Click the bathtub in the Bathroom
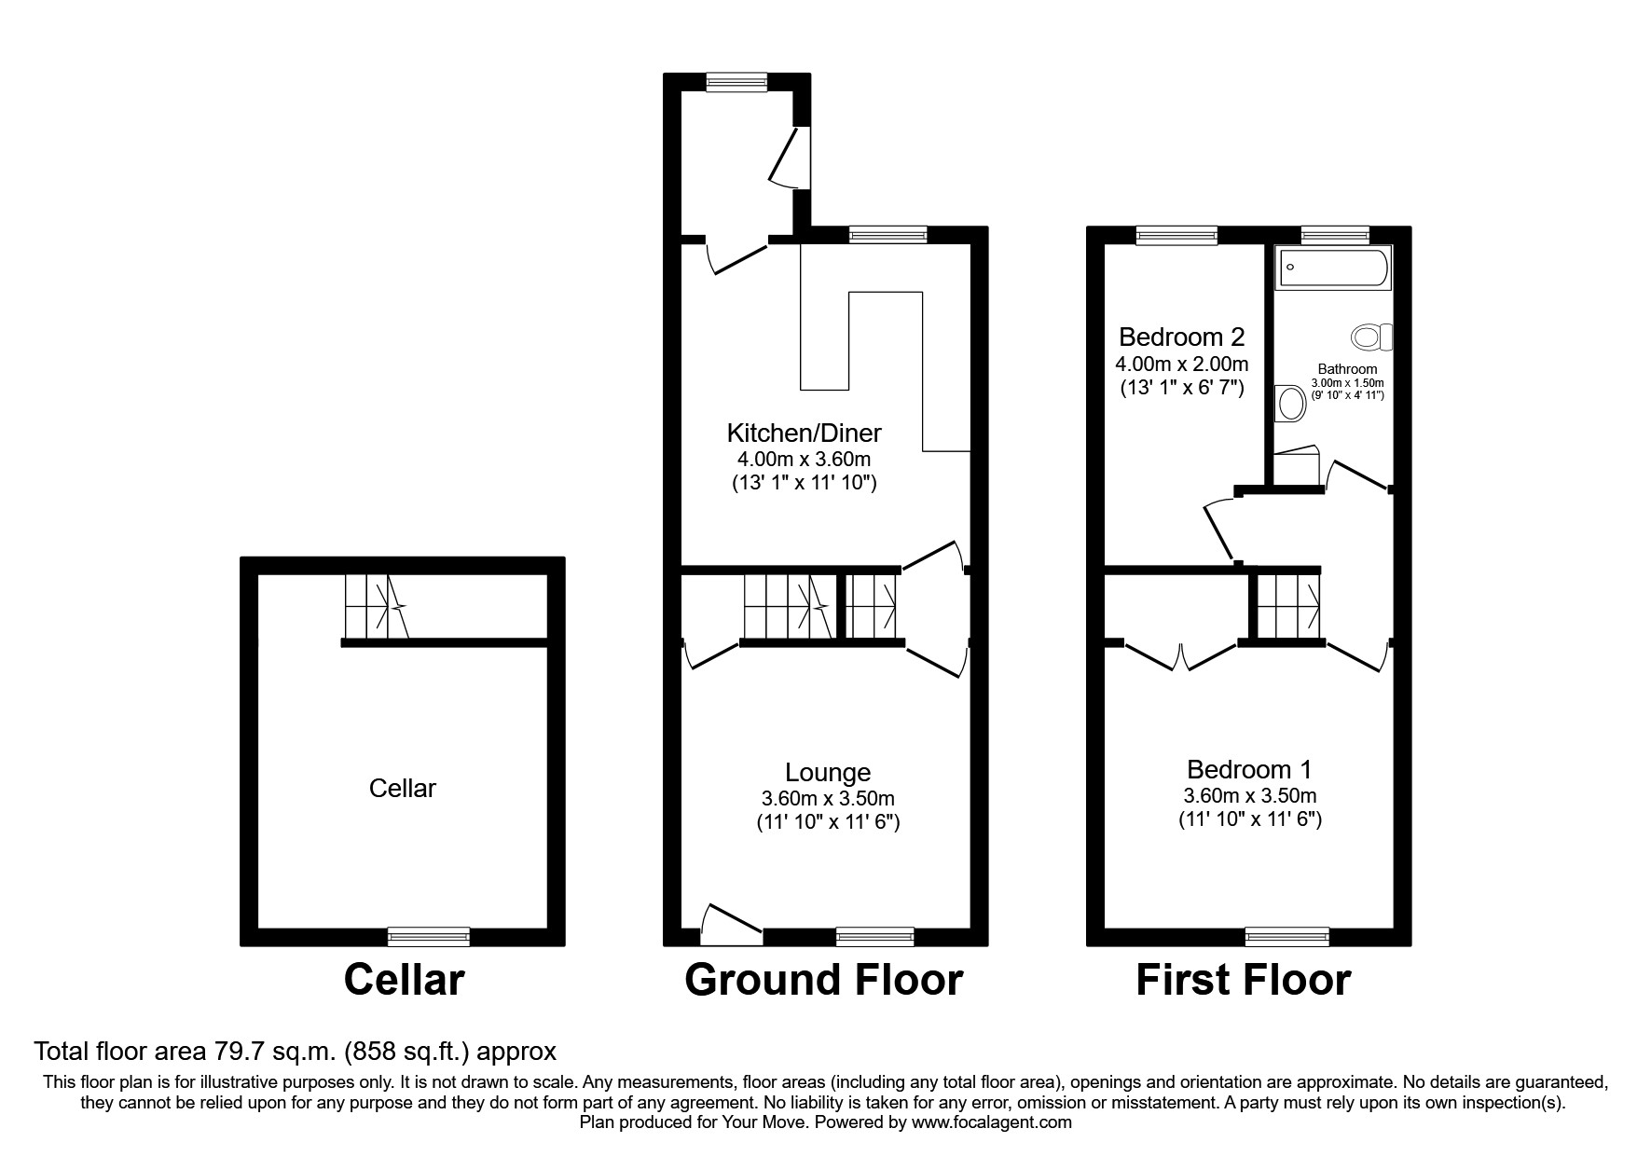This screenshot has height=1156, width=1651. pyautogui.click(x=1333, y=268)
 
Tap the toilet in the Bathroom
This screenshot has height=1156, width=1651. pyautogui.click(x=1371, y=337)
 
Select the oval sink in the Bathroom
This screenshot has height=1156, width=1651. pyautogui.click(x=1290, y=403)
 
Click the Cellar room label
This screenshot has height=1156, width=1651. pyautogui.click(x=402, y=789)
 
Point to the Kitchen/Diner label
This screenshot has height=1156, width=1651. pyautogui.click(x=804, y=433)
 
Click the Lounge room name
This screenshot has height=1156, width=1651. pyautogui.click(x=828, y=772)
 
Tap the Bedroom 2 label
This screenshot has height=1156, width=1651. pyautogui.click(x=1181, y=337)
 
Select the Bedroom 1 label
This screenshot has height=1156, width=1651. pyautogui.click(x=1249, y=770)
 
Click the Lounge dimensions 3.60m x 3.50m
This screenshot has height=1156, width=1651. pyautogui.click(x=828, y=799)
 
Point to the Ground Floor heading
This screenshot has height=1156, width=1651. pyautogui.click(x=823, y=981)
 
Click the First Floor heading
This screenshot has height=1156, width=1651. pyautogui.click(x=1243, y=981)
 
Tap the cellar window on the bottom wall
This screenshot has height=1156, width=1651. pyautogui.click(x=429, y=936)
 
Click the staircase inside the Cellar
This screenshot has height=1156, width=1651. pyautogui.click(x=377, y=606)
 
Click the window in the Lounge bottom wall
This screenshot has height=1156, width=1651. pyautogui.click(x=874, y=936)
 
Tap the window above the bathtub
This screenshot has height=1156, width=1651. pyautogui.click(x=1335, y=235)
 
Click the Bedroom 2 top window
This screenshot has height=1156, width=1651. pyautogui.click(x=1176, y=235)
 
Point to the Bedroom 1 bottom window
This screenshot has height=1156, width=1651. pyautogui.click(x=1286, y=936)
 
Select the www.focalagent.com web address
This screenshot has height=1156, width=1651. pyautogui.click(x=991, y=1122)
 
